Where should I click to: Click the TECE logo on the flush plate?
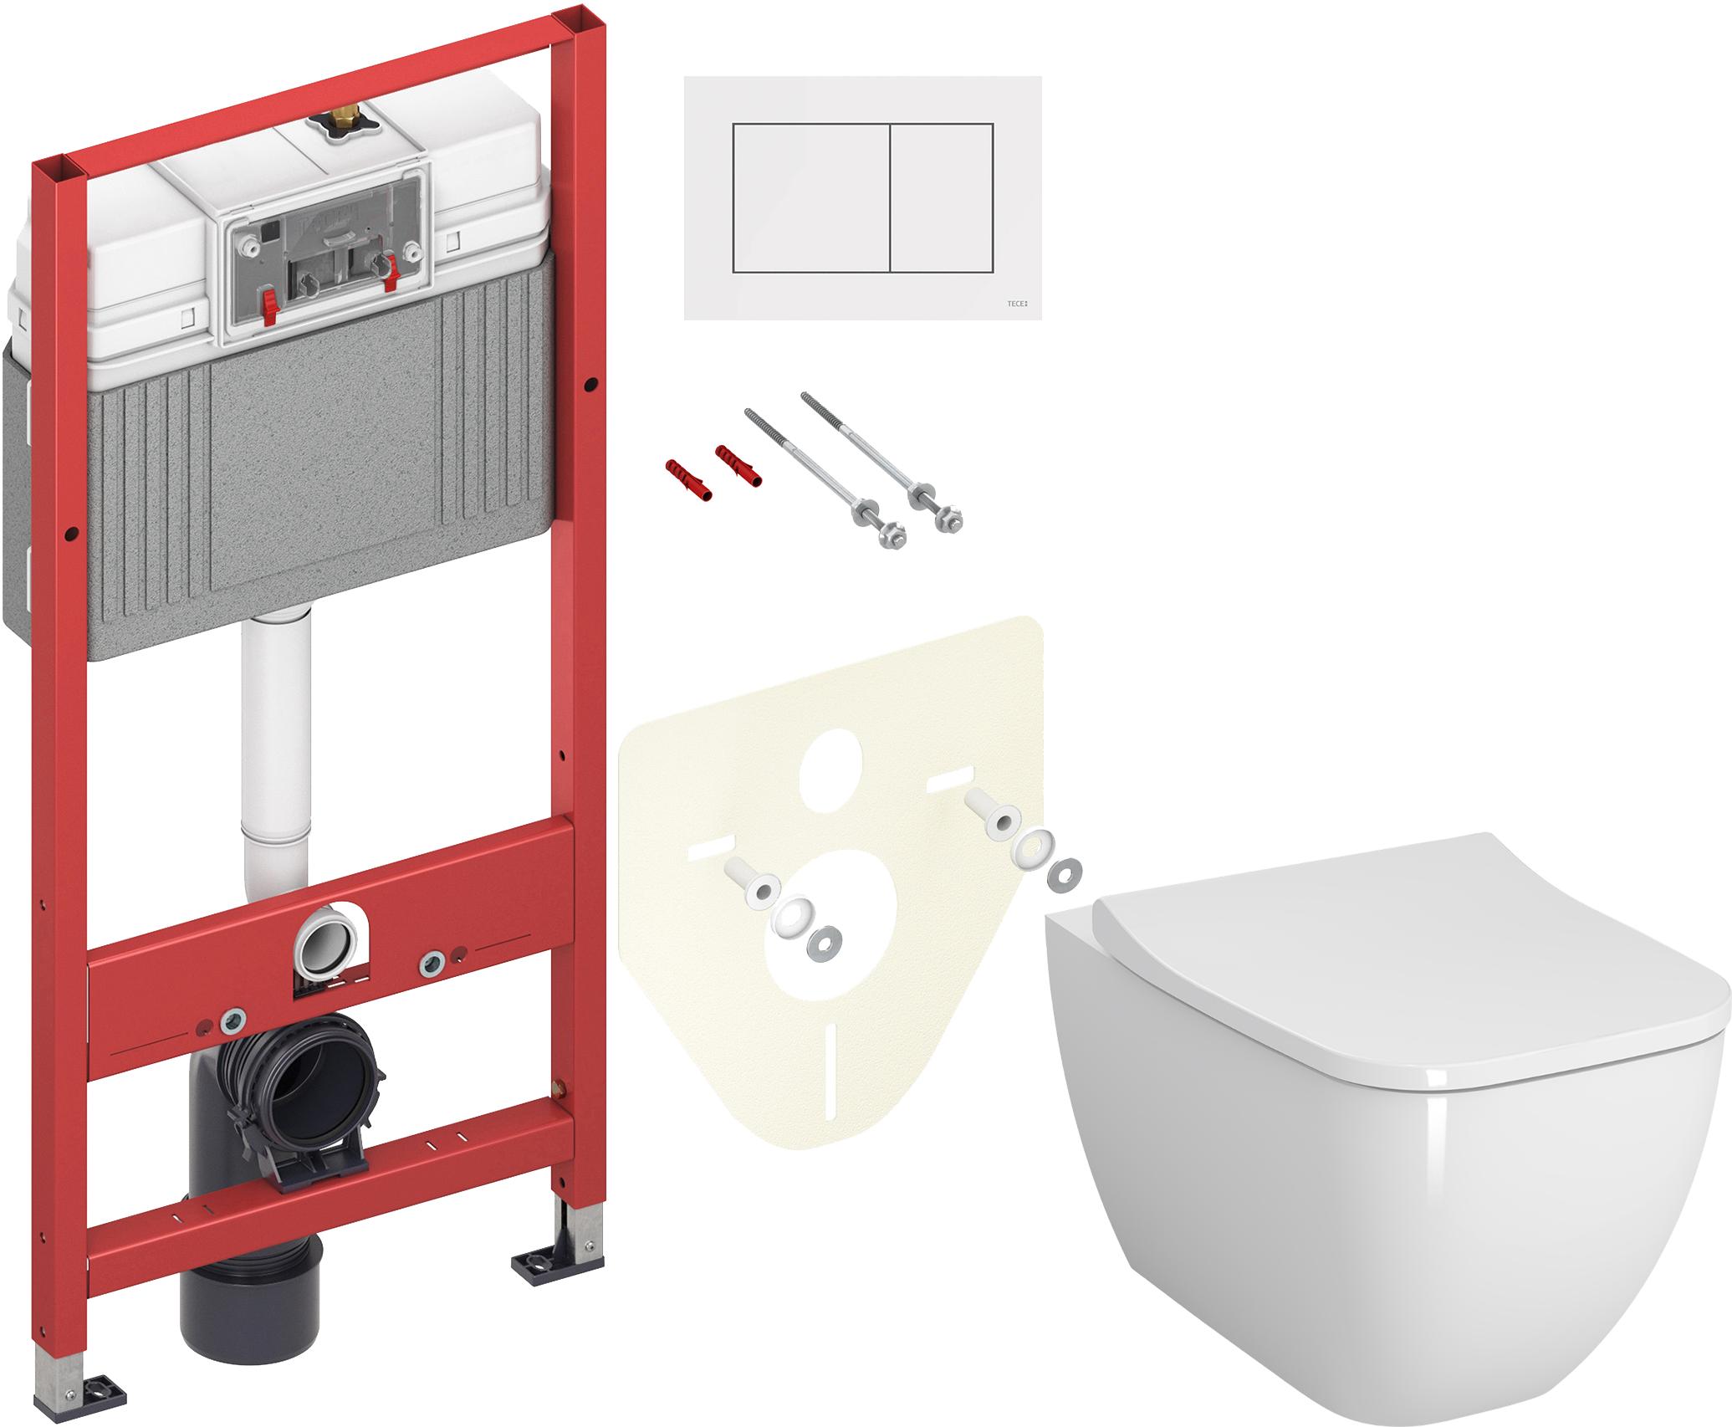coord(1017,304)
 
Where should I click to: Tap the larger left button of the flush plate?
coord(810,198)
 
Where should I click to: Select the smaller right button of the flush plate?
coord(941,198)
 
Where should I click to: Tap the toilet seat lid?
coord(1413,962)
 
